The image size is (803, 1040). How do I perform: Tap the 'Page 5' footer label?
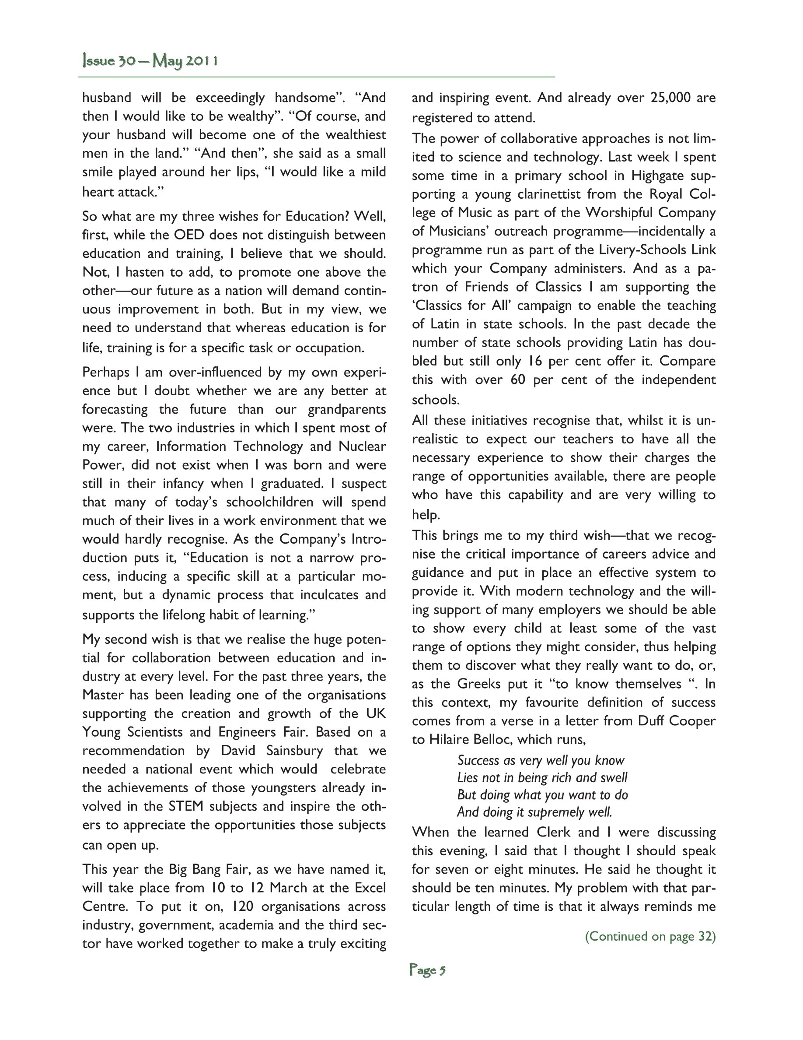tap(427, 970)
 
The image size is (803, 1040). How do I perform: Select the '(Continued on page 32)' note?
tap(650, 937)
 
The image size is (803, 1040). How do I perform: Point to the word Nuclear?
tap(362, 446)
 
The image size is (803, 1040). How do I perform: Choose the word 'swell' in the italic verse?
tap(614, 778)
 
